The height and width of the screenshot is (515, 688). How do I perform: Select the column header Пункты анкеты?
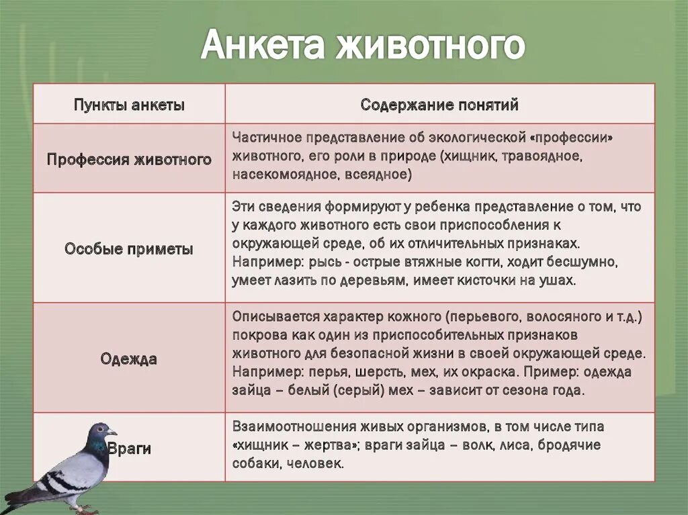click(x=129, y=105)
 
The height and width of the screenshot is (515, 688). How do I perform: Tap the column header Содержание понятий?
click(x=439, y=105)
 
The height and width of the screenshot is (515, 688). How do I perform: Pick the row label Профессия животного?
click(x=129, y=159)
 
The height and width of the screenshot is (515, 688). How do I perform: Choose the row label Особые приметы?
click(x=129, y=248)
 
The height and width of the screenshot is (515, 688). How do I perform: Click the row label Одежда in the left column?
click(x=129, y=359)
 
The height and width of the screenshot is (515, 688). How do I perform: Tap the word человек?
click(x=315, y=463)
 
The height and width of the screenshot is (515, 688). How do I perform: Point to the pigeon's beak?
click(x=114, y=434)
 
